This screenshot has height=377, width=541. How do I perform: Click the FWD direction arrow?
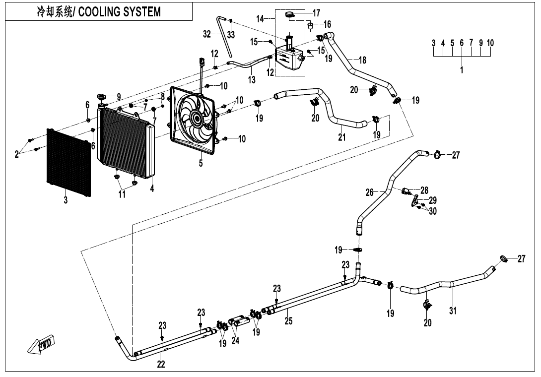[x=41, y=346]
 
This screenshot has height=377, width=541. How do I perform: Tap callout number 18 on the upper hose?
[x=362, y=60]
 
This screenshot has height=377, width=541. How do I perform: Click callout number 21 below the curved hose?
[x=341, y=137]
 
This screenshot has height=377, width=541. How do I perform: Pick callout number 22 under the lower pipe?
[x=161, y=365]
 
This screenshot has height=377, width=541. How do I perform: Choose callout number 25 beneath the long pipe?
[x=288, y=321]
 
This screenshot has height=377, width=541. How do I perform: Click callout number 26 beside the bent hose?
[x=370, y=192]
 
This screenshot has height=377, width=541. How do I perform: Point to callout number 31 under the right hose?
[x=452, y=311]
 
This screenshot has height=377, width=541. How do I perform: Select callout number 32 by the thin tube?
[x=207, y=34]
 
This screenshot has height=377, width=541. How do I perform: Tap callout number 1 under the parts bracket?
[x=462, y=70]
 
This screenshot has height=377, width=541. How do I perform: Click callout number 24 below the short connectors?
[x=235, y=341]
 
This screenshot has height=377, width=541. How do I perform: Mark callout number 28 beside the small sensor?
[x=424, y=190]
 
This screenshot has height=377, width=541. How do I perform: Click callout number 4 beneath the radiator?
[x=152, y=188]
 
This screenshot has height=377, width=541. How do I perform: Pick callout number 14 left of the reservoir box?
[x=260, y=19]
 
